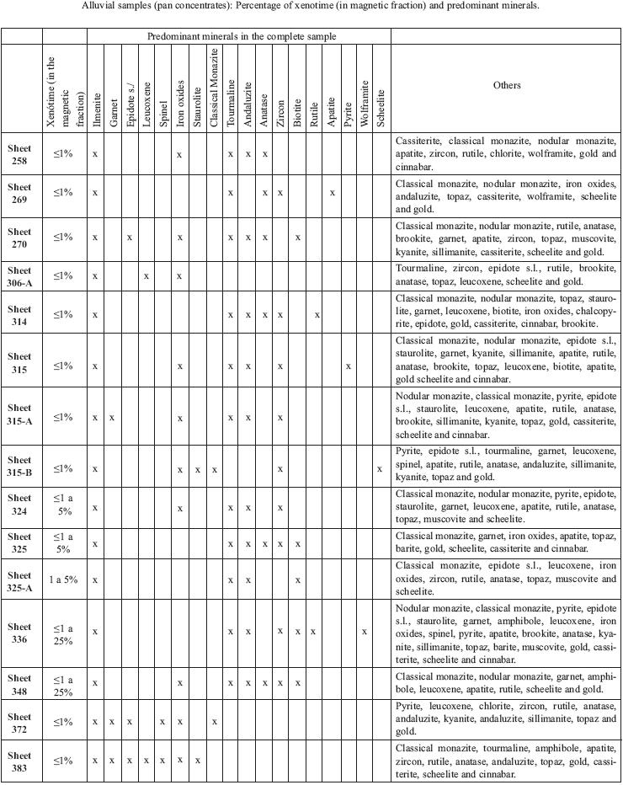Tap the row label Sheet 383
(19, 760)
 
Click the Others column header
(506, 85)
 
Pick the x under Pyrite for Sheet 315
(348, 366)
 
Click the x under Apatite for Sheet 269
(332, 193)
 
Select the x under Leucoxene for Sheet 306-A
(146, 275)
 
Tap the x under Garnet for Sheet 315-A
(112, 418)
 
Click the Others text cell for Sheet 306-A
(506, 275)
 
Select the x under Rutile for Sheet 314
(316, 315)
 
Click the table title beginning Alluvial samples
(311, 6)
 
